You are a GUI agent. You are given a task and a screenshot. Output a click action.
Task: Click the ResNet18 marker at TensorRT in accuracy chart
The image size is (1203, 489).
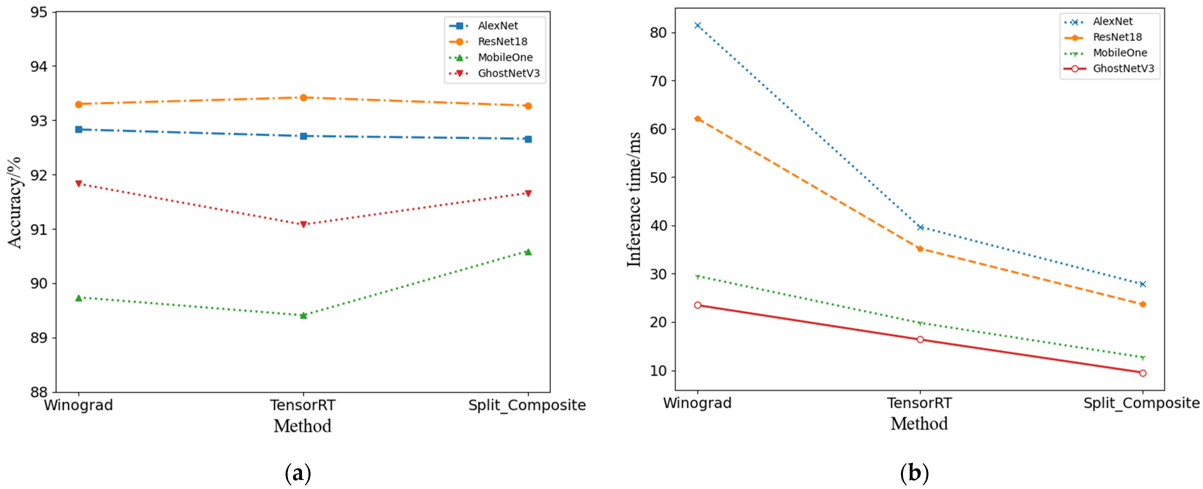pyautogui.click(x=303, y=98)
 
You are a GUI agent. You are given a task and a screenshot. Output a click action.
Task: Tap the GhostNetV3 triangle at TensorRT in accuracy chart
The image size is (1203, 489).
pyautogui.click(x=303, y=224)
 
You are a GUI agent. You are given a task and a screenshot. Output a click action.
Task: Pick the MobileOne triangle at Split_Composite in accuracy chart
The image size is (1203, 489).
pyautogui.click(x=528, y=252)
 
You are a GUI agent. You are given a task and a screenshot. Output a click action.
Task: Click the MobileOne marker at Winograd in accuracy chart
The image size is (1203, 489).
pyautogui.click(x=78, y=298)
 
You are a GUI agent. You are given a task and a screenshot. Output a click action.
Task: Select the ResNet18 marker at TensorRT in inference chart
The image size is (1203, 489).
pyautogui.click(x=920, y=249)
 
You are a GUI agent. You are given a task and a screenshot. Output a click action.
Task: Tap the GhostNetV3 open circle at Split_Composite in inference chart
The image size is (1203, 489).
pyautogui.click(x=1142, y=373)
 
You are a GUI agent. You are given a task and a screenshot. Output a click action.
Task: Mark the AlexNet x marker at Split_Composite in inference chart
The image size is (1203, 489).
pyautogui.click(x=1142, y=284)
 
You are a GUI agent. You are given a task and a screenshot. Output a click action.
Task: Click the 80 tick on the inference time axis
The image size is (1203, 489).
pyautogui.click(x=658, y=33)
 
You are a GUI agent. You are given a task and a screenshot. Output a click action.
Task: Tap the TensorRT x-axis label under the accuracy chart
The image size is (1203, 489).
pyautogui.click(x=303, y=405)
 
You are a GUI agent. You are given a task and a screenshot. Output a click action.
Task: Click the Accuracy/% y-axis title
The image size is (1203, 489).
pyautogui.click(x=14, y=202)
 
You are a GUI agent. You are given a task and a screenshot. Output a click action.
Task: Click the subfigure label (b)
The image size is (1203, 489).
pyautogui.click(x=914, y=473)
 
